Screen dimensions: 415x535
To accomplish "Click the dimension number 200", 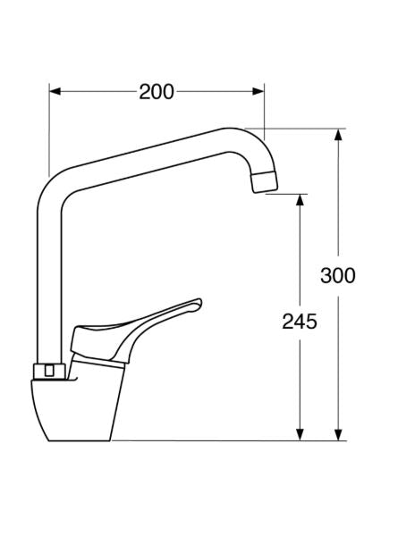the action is click(157, 92).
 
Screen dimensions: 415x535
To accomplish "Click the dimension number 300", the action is click(338, 275).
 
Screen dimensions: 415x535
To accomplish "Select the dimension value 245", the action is click(300, 322).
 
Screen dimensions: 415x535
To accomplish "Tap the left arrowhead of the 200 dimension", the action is click(55, 91).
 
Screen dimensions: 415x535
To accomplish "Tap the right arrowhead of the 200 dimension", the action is click(258, 91).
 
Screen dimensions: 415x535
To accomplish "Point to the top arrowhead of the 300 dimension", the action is click(338, 135).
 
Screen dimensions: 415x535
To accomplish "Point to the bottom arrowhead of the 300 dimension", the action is click(338, 434).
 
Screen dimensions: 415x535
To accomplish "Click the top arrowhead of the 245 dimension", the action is click(300, 200).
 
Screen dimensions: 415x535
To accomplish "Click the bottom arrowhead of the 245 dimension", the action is click(300, 434).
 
